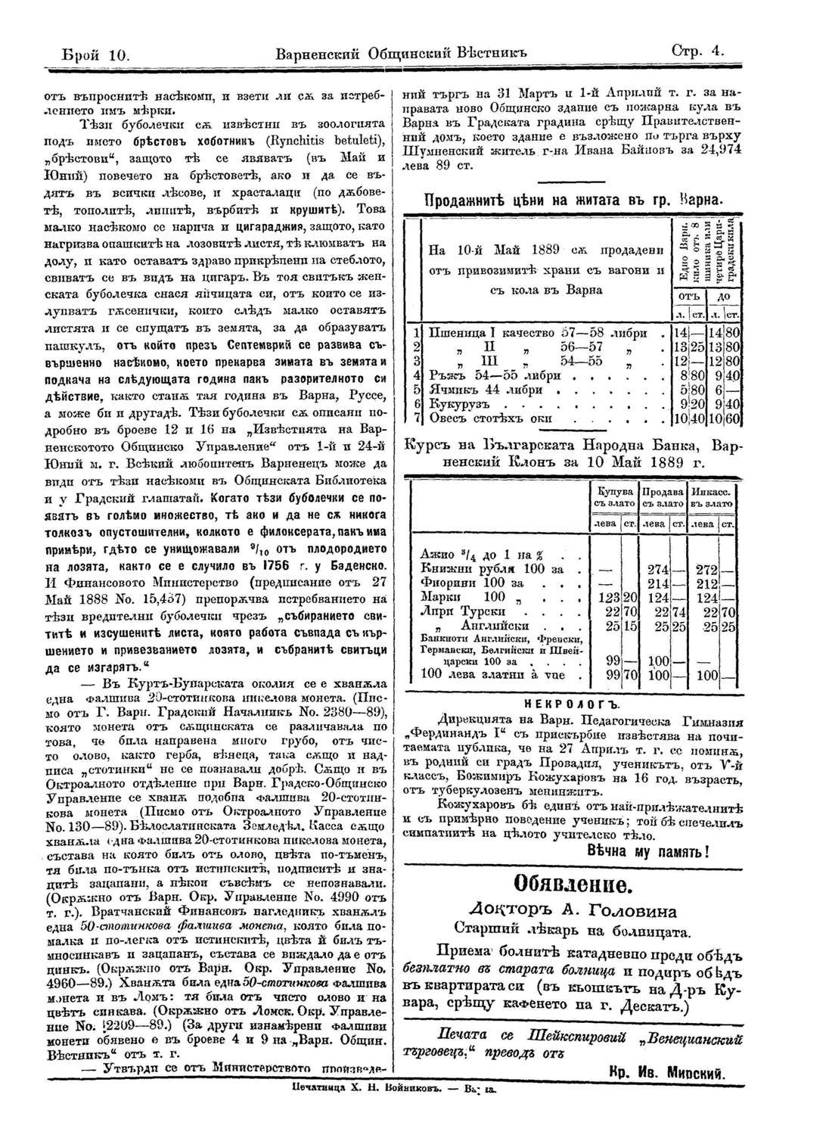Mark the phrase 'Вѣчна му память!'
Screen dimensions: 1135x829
tap(647, 851)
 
